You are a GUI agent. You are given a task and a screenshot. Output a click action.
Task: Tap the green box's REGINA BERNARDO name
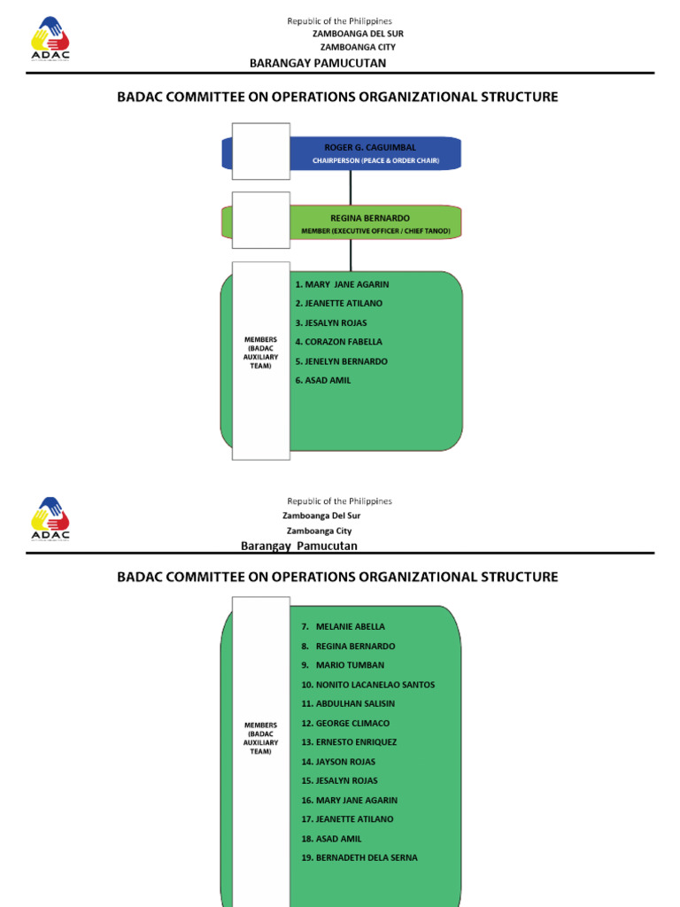coord(369,217)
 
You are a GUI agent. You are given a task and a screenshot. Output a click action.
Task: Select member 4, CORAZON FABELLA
coord(339,342)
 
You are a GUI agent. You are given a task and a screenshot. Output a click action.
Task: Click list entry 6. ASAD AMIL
coord(323,380)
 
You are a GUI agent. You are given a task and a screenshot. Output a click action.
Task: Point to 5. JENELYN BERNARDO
coord(342,361)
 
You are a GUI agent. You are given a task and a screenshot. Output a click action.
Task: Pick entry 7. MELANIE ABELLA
coord(343,627)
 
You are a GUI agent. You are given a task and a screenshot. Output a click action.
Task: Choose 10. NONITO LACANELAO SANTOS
coord(367,685)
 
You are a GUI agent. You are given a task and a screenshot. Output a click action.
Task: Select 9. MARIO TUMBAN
coord(343,665)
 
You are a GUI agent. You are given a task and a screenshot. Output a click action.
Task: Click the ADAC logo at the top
coord(50,39)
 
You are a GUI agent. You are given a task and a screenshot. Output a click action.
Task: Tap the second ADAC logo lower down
coord(50,518)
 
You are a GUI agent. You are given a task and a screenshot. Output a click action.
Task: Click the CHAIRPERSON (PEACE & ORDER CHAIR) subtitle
coord(375,161)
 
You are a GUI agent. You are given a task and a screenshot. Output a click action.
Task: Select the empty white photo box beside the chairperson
coord(261,151)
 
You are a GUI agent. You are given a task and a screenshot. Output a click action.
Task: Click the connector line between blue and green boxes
coord(351,188)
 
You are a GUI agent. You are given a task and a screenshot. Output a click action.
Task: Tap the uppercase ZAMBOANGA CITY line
coord(358,47)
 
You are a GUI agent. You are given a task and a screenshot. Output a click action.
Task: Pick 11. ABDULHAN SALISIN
coord(348,704)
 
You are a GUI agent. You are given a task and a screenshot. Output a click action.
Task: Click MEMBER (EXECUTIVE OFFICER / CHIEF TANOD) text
coord(375,231)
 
